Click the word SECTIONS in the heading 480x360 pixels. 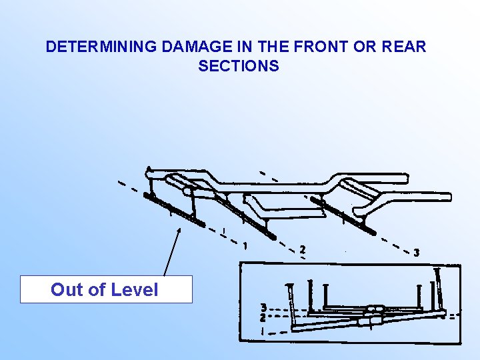pyautogui.click(x=238, y=66)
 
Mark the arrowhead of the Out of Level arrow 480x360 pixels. pyautogui.click(x=179, y=230)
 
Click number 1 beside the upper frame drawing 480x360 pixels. pyautogui.click(x=247, y=245)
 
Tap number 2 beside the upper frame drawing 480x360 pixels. pyautogui.click(x=303, y=249)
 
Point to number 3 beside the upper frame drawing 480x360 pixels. pyautogui.click(x=417, y=253)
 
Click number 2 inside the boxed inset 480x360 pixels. pyautogui.click(x=264, y=318)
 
